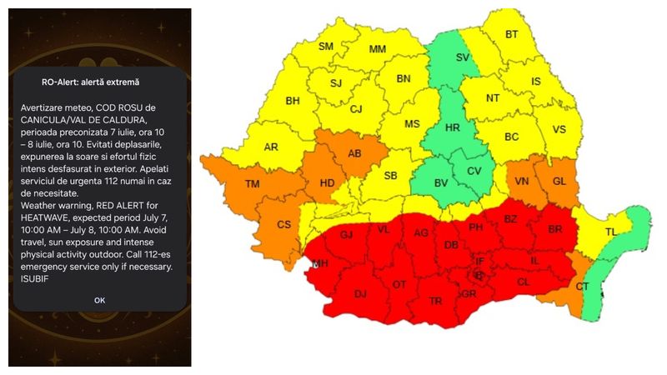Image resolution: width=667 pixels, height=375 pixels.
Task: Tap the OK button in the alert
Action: (99, 300)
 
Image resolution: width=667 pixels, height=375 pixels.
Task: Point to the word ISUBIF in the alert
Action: (36, 278)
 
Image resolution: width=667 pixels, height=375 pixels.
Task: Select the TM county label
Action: (253, 183)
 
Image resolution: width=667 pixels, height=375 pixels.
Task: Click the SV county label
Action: (463, 57)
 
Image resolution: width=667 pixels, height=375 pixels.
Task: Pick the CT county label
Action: (583, 287)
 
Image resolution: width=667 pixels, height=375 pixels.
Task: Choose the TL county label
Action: (612, 232)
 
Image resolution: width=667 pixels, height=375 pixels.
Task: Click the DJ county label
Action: (360, 294)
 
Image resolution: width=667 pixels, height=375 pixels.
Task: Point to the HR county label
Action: (453, 128)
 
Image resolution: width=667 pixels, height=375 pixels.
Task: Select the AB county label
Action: (354, 153)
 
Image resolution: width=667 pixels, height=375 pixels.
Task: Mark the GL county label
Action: (559, 181)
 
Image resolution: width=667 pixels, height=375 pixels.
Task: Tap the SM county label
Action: (326, 47)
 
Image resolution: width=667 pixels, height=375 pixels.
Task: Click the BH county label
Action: (293, 102)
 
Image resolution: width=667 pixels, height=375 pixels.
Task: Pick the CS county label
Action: (283, 224)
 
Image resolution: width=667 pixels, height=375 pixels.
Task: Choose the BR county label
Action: (555, 228)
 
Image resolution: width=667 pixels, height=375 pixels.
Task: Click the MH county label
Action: (320, 264)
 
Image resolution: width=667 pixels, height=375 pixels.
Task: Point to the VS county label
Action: (559, 129)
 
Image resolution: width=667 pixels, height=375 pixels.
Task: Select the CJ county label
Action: (356, 109)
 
